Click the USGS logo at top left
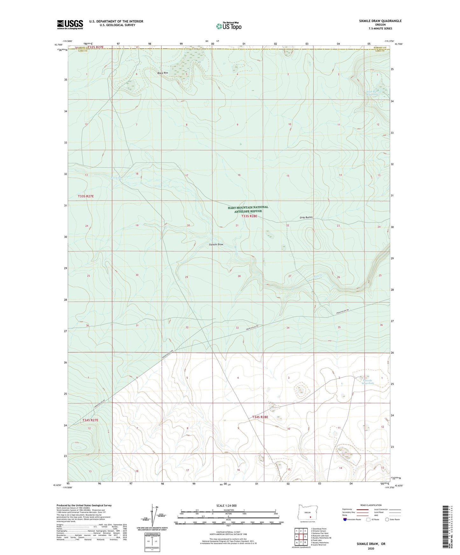[70, 24]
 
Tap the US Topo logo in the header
[228, 26]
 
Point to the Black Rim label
[162, 73]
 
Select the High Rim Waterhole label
[372, 93]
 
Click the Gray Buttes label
[306, 217]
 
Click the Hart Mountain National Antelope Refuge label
[248, 209]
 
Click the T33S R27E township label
[86, 196]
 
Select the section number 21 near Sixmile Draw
[237, 225]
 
